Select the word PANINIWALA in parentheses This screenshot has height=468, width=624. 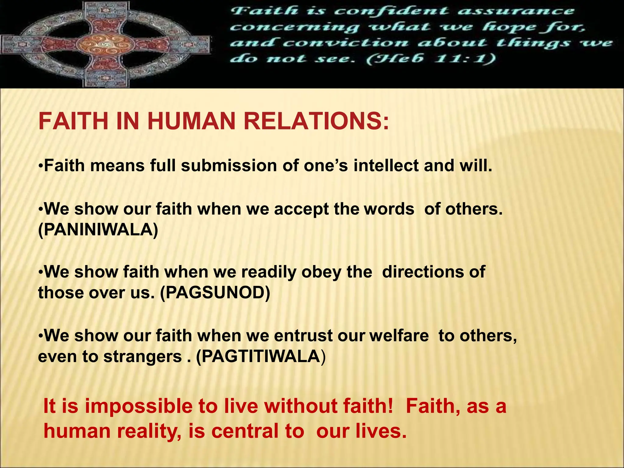click(98, 230)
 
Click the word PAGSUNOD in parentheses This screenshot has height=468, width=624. click(215, 293)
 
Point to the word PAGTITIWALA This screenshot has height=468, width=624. click(261, 356)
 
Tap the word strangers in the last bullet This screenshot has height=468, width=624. click(142, 356)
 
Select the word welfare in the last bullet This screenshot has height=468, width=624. click(399, 335)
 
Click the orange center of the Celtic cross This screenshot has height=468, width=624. click(105, 44)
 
